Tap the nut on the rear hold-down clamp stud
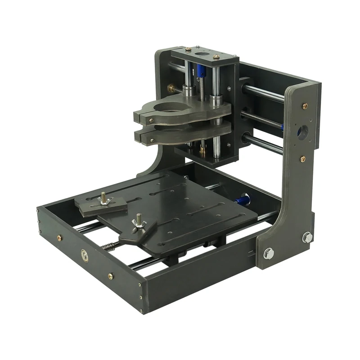(104, 198)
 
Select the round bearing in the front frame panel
(84, 255)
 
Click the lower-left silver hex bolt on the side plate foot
(268, 254)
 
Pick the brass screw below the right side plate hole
(303, 158)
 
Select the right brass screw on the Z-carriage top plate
(216, 57)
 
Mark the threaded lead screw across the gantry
(261, 120)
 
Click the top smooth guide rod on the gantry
(263, 92)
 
